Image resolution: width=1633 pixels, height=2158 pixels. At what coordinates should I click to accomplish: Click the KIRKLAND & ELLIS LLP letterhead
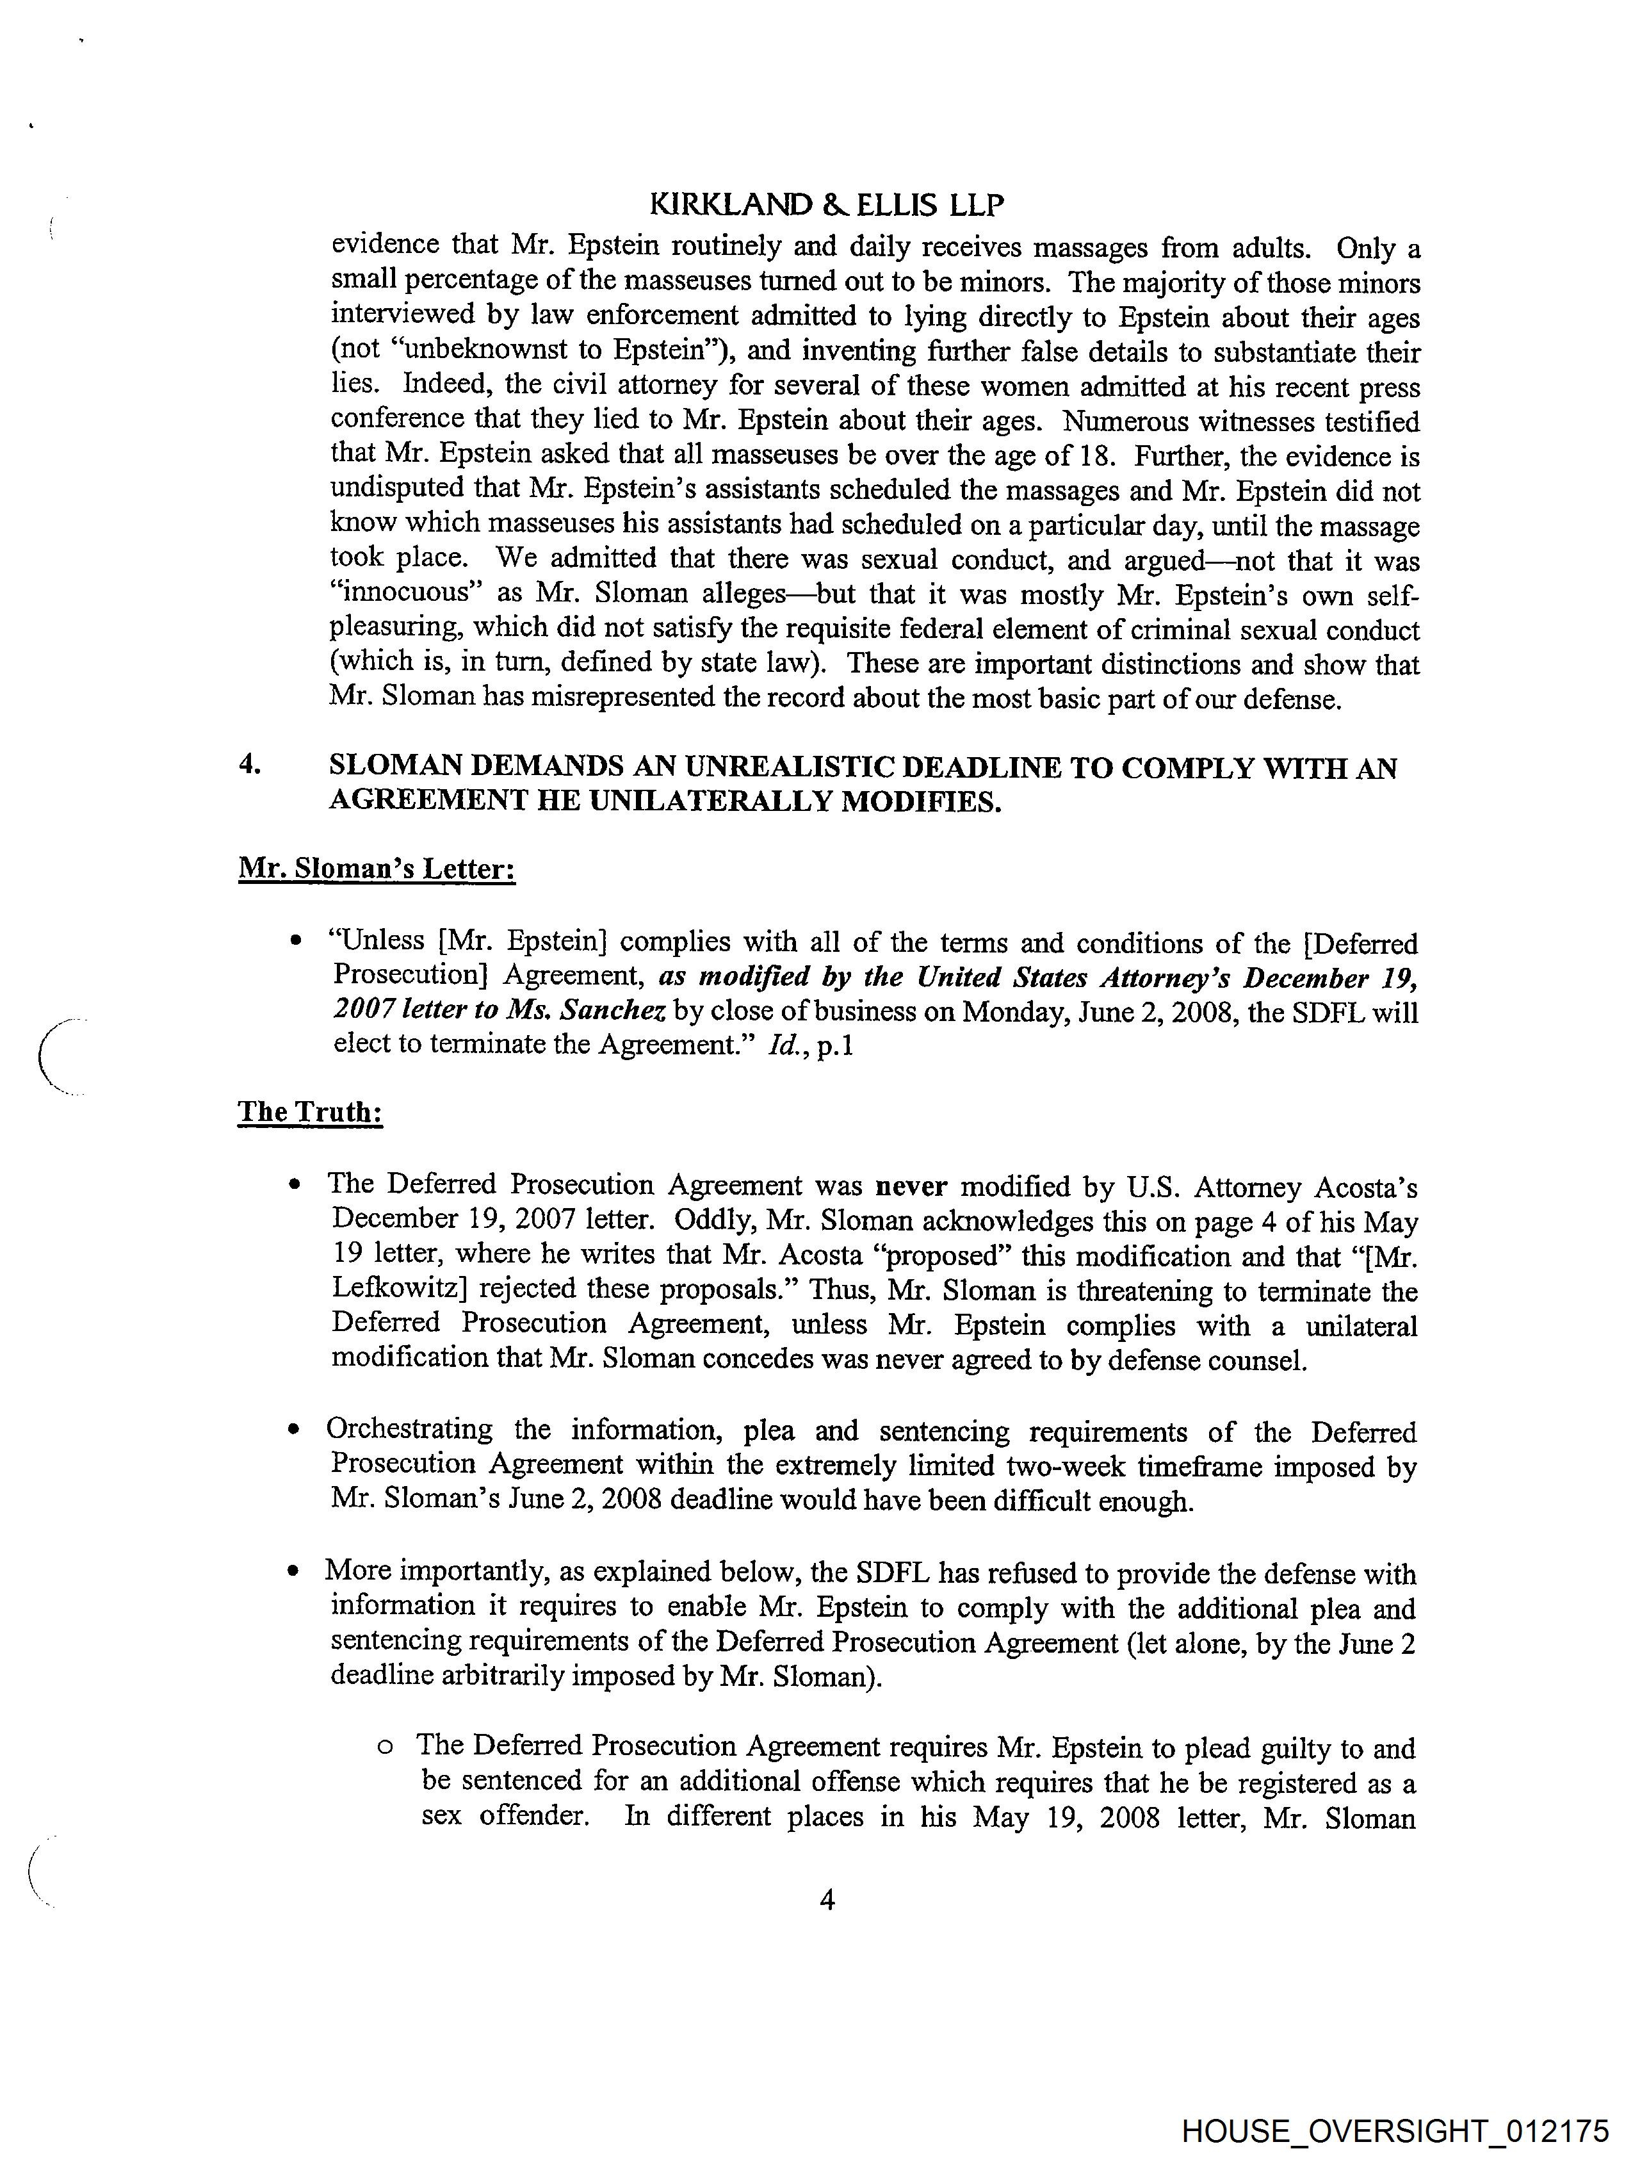tap(825, 205)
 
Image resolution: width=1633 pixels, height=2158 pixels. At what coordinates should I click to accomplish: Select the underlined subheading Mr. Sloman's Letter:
tap(377, 869)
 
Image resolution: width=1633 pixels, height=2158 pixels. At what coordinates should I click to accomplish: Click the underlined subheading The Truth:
tap(309, 1111)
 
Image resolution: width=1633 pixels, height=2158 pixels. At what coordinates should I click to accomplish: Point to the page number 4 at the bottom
tap(826, 1899)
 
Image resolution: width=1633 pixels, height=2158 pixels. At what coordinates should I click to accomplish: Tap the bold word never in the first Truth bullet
tap(912, 1186)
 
